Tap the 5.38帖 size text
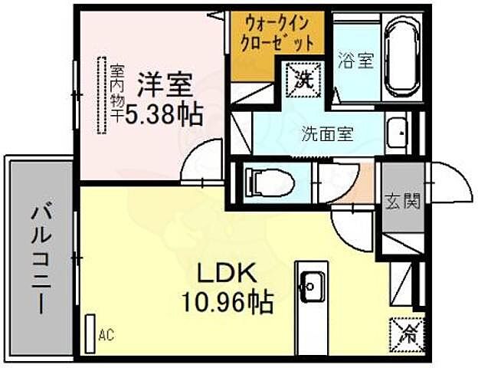(x=164, y=115)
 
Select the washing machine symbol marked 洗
(x=300, y=77)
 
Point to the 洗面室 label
(x=326, y=133)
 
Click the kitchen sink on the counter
(x=311, y=286)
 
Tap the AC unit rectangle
(x=90, y=333)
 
